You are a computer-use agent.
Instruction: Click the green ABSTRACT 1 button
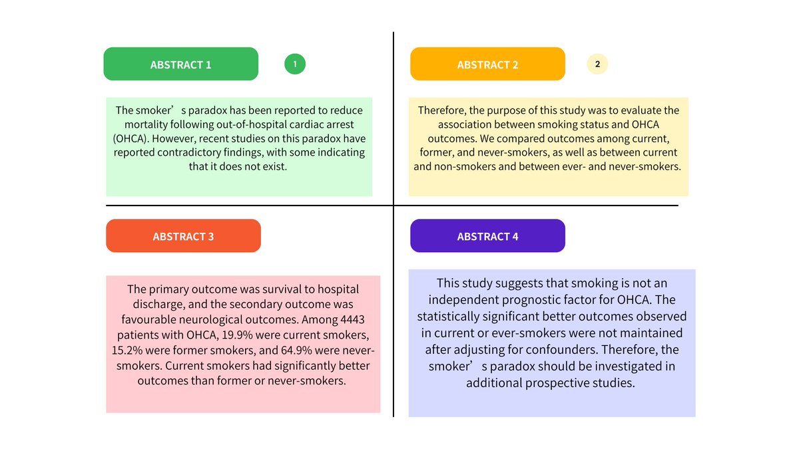[x=180, y=65]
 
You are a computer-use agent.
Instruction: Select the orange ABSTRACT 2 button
[x=487, y=65]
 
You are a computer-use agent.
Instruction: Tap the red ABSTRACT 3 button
[x=183, y=236]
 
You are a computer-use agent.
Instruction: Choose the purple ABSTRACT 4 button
[x=487, y=236]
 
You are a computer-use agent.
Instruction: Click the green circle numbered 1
[x=295, y=64]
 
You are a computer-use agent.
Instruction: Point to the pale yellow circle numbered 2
[x=597, y=64]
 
